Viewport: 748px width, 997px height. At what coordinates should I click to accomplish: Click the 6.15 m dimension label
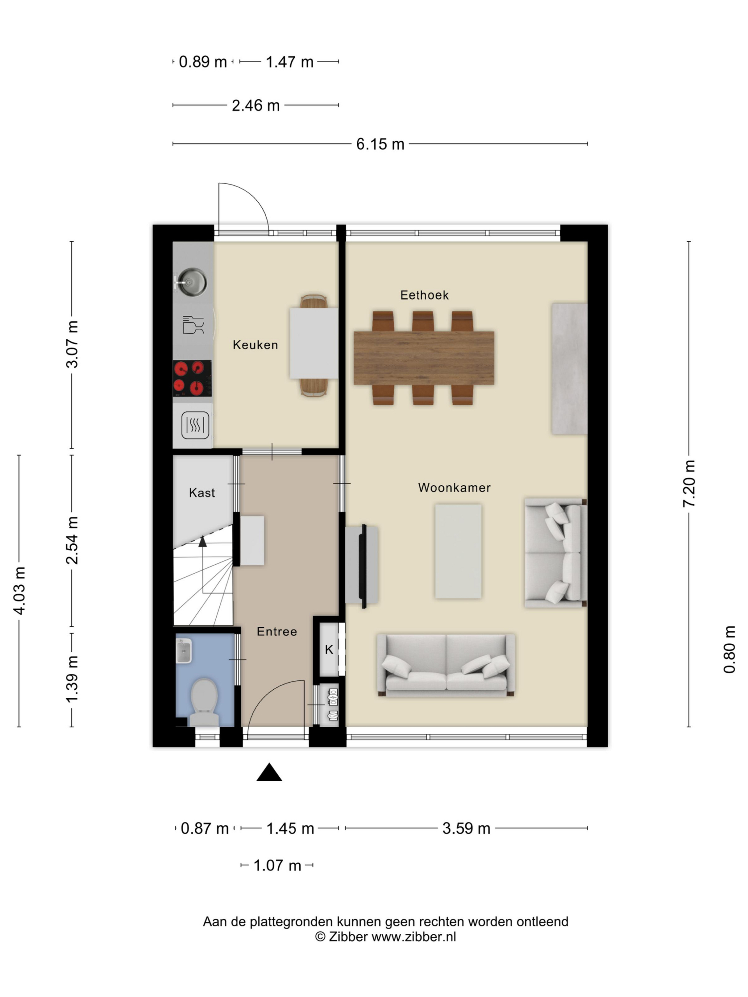click(380, 144)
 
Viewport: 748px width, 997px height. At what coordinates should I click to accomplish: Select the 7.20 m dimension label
click(689, 484)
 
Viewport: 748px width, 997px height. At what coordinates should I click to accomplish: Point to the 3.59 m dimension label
click(466, 828)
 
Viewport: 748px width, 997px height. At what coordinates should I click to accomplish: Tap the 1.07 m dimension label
click(277, 865)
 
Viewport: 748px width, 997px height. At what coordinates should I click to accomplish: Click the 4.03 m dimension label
click(19, 590)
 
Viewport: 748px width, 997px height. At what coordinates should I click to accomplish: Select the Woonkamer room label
click(454, 487)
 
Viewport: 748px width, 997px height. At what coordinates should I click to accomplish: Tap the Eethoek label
click(424, 295)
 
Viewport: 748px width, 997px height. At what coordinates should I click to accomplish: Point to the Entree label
click(277, 631)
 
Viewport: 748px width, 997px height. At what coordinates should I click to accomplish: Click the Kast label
click(202, 493)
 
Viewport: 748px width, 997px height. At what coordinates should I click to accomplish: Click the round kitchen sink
click(192, 282)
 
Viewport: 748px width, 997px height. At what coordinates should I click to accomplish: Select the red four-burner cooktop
click(192, 378)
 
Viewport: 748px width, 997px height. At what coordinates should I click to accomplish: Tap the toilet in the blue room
click(204, 702)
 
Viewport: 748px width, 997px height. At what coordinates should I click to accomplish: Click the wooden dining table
click(424, 358)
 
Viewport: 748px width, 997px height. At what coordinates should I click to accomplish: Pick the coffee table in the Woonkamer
click(458, 551)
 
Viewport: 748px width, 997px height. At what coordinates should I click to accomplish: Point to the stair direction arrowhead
click(203, 541)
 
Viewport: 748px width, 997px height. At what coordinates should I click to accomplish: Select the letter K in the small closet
click(329, 650)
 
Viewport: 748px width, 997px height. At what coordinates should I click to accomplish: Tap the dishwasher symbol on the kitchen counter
click(193, 324)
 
